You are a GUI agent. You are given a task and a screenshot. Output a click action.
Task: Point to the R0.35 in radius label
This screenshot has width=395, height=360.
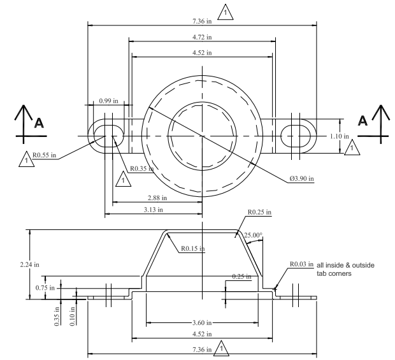coord(141,169)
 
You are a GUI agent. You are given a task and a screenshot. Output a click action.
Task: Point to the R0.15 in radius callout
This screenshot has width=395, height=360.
coord(192,248)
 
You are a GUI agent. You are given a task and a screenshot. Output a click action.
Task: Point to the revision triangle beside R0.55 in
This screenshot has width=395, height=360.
coord(25,162)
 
